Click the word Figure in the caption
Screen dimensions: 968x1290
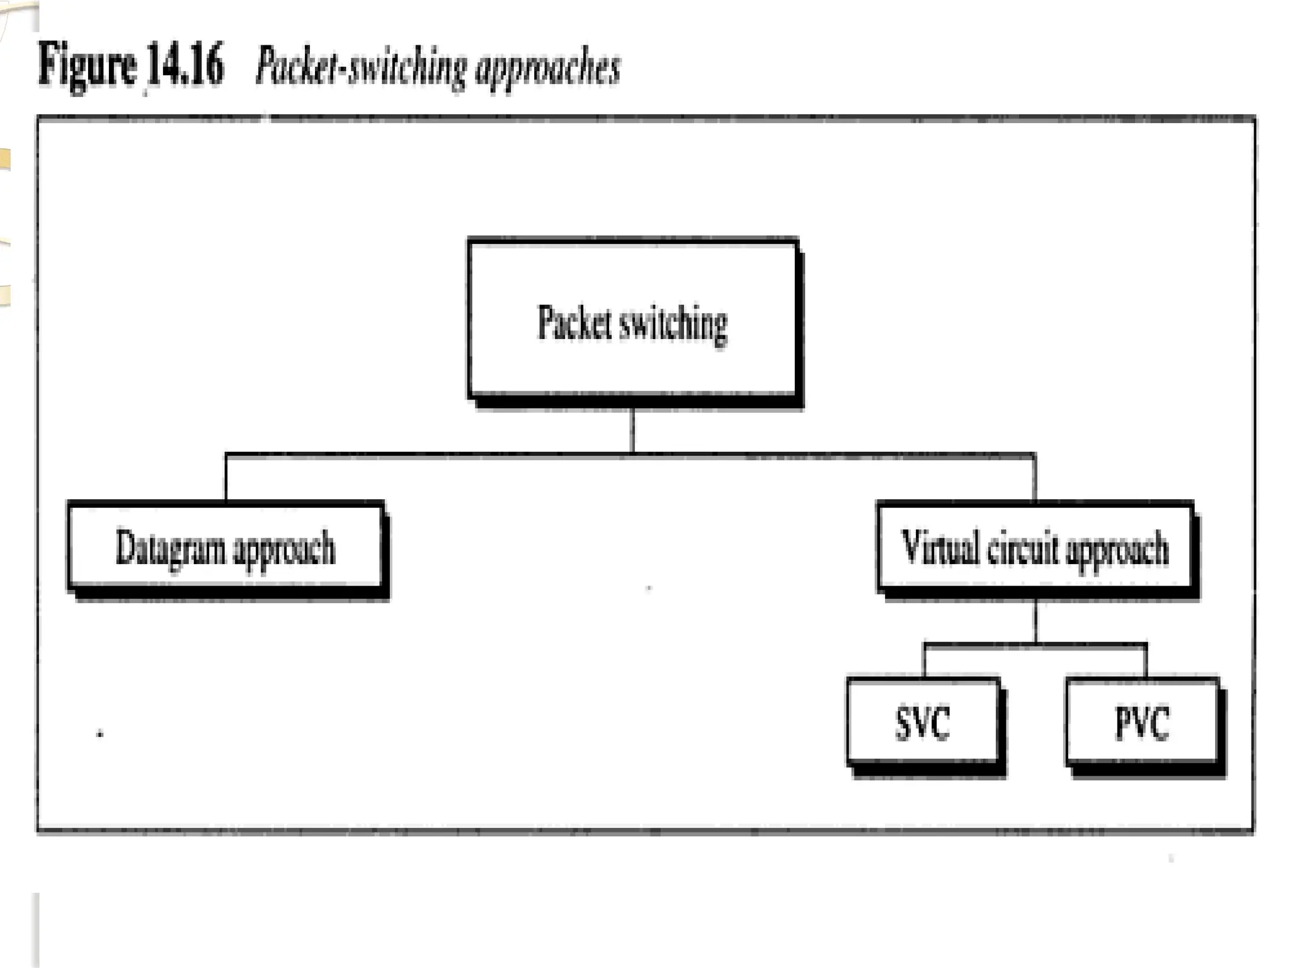coord(87,66)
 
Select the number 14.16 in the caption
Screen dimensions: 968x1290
coord(185,66)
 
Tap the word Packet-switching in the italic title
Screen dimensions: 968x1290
coord(361,67)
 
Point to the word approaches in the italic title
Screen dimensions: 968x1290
coord(547,68)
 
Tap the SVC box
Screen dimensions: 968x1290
coord(923,722)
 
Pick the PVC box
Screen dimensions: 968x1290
coord(1142,722)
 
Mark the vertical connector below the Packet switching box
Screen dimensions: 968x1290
coord(632,432)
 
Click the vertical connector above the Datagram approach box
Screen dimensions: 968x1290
coord(226,478)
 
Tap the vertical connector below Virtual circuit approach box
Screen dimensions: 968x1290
coord(1036,621)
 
